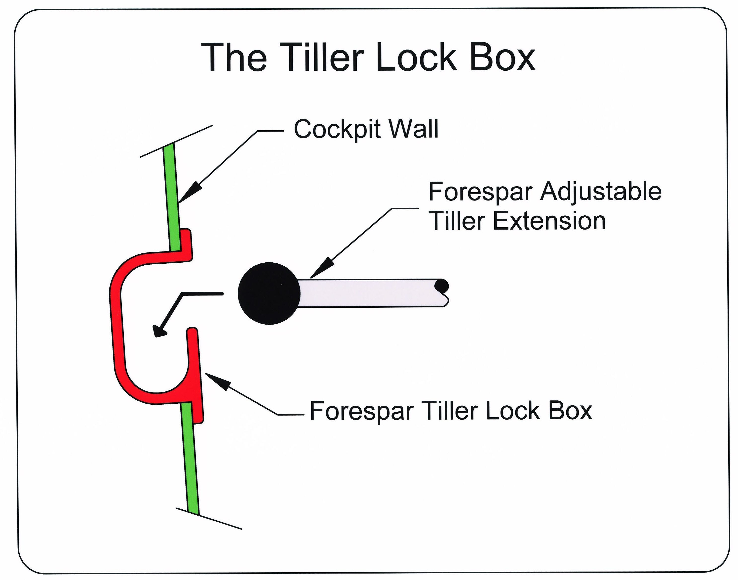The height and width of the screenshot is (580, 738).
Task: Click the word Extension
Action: (549, 221)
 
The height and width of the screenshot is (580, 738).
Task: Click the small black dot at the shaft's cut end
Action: (442, 285)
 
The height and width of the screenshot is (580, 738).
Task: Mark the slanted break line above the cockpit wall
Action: (176, 141)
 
